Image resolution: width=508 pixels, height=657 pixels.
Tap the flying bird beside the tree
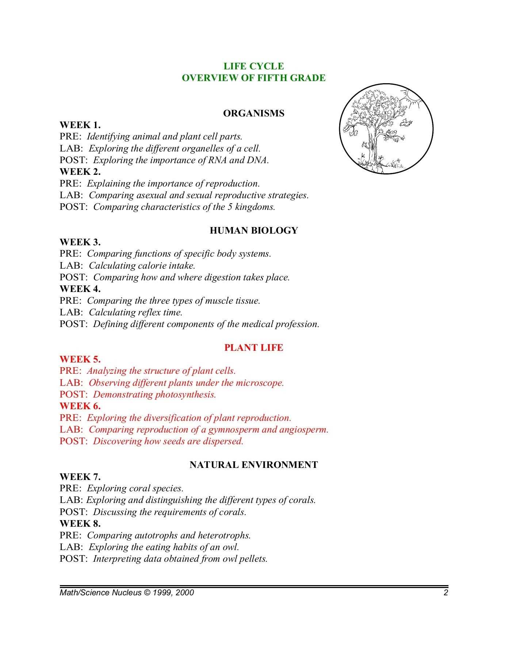click(x=405, y=123)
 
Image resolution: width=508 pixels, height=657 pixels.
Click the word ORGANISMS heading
click(x=253, y=113)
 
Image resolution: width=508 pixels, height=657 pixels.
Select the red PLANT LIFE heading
click(x=253, y=347)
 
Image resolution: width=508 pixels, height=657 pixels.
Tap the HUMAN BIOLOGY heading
click(x=253, y=230)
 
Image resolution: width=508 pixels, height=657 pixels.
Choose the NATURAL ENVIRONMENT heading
click(x=253, y=465)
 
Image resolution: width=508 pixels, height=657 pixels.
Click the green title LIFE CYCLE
click(x=253, y=66)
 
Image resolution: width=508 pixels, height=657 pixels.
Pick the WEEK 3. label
click(x=80, y=242)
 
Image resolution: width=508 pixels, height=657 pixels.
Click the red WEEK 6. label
click(x=80, y=406)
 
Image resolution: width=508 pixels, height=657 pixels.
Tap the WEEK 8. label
click(x=80, y=523)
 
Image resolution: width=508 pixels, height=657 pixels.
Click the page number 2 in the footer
click(x=446, y=592)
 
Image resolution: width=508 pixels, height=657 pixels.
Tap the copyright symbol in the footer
click(x=147, y=592)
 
